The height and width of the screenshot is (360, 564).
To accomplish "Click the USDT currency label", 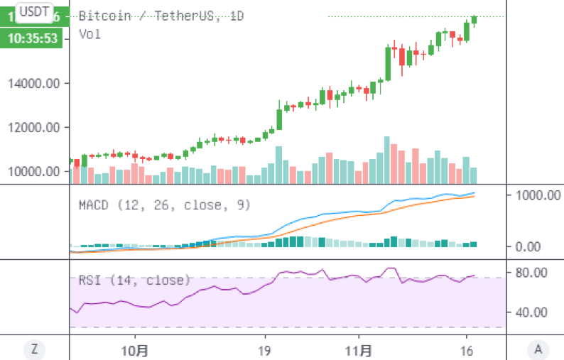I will coord(33,11).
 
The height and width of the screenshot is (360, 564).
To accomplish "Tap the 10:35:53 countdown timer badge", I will coord(33,38).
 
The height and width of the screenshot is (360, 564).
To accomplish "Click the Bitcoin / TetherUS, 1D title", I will coord(161,16).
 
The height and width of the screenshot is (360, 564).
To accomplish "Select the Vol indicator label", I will coord(90,33).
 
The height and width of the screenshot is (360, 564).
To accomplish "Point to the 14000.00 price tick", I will coord(33,84).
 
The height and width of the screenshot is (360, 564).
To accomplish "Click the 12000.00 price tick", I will coord(33,128).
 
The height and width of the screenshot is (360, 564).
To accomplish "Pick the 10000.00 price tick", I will coord(33,172).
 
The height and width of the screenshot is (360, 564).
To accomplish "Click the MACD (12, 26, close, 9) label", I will coord(163,205).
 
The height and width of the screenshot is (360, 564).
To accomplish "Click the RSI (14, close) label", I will coord(134,280).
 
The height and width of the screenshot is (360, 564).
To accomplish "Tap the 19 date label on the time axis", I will coord(264,350).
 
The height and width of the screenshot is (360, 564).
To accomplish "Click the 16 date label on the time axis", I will coord(467,350).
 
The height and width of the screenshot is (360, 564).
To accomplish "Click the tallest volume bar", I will coord(387,160).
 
